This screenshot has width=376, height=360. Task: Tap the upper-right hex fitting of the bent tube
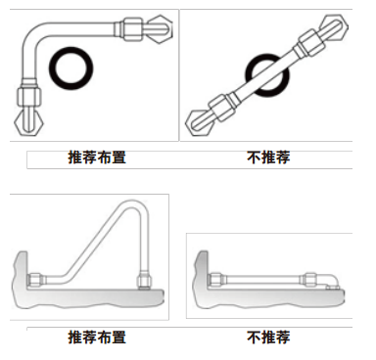(x=160, y=30)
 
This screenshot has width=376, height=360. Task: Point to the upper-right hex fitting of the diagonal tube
(x=333, y=27)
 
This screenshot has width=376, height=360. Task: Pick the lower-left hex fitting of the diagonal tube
(x=200, y=123)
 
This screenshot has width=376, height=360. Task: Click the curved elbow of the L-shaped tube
(x=32, y=36)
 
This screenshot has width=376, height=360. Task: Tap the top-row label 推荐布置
(x=97, y=157)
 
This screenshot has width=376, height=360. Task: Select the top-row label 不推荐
(x=268, y=157)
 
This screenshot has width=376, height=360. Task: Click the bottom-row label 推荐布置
(x=97, y=337)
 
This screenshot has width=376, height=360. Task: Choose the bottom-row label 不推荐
(x=268, y=337)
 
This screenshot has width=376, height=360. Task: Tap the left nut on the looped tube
(x=35, y=280)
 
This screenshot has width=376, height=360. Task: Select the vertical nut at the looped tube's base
(x=143, y=281)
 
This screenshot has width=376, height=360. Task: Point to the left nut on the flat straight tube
(x=214, y=280)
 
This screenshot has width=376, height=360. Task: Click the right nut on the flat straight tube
(x=308, y=280)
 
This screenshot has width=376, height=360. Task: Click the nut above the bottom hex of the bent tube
(x=29, y=94)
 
